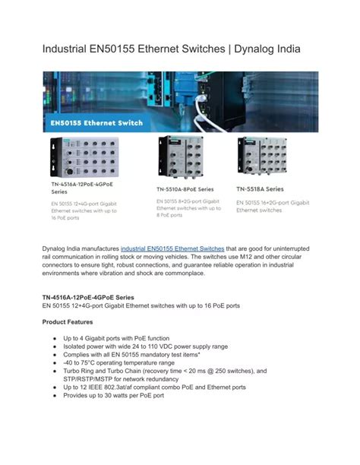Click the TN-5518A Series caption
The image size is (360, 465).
[x=261, y=188]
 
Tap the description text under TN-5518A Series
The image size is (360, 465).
[x=273, y=206]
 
